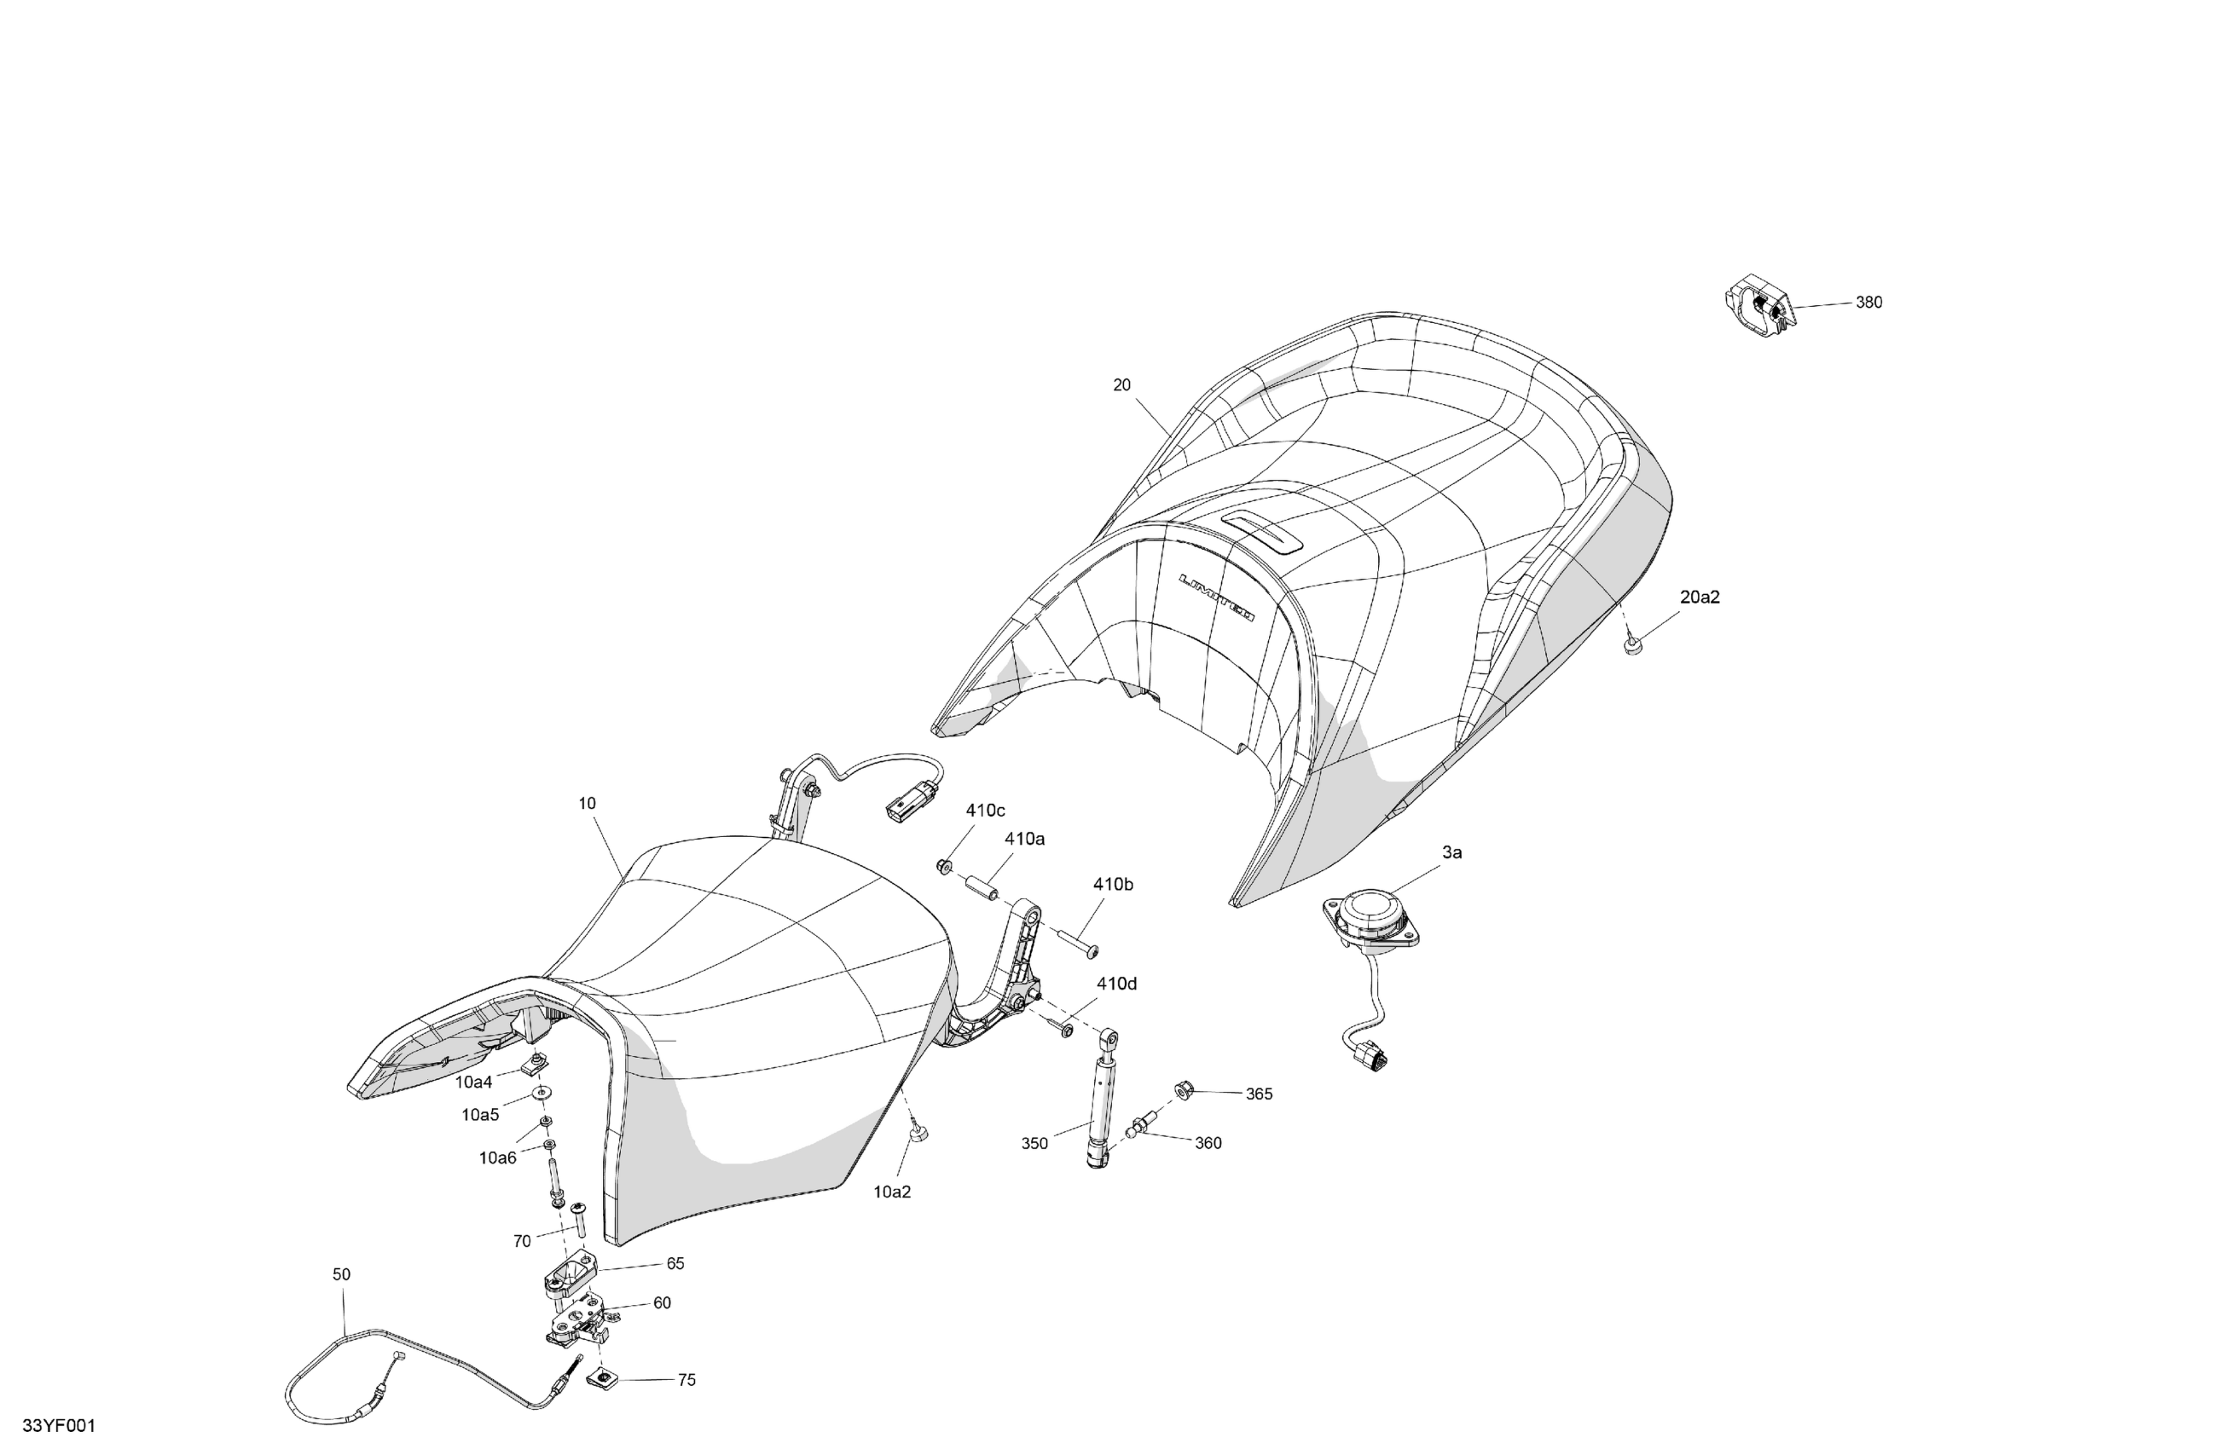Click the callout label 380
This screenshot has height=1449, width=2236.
click(x=1868, y=303)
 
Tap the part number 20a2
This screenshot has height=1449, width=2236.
click(x=1700, y=597)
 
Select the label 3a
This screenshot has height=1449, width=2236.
click(x=1451, y=852)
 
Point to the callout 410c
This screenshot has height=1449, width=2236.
click(x=986, y=811)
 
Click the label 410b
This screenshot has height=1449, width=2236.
click(x=1112, y=885)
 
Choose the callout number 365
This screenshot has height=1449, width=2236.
click(x=1259, y=1094)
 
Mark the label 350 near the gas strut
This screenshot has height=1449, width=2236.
click(x=1034, y=1144)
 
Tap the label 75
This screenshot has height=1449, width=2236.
click(x=686, y=1381)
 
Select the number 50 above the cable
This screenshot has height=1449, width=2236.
click(x=341, y=1274)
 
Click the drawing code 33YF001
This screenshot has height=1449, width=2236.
click(x=58, y=1427)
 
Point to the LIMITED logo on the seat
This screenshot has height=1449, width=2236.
click(x=1218, y=597)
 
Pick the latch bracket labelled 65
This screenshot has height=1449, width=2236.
click(x=569, y=1276)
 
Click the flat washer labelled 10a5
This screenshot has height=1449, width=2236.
click(x=543, y=1094)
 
